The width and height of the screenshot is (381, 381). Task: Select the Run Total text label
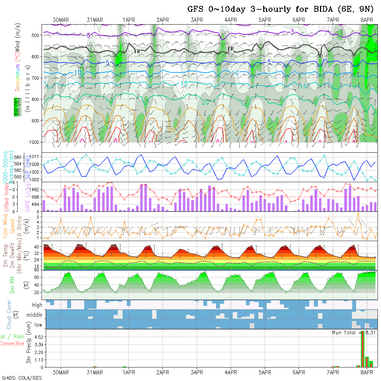(x=344, y=333)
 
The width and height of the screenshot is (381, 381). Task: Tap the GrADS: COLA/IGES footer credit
(x=22, y=378)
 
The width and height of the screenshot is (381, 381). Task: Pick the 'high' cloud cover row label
(x=37, y=305)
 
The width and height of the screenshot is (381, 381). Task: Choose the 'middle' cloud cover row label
(x=35, y=315)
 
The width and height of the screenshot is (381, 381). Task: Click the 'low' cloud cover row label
(x=38, y=325)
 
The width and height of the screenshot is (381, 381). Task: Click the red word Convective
(x=12, y=344)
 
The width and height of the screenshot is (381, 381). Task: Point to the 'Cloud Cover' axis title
(x=9, y=315)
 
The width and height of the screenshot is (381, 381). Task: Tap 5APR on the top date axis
(x=264, y=20)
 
